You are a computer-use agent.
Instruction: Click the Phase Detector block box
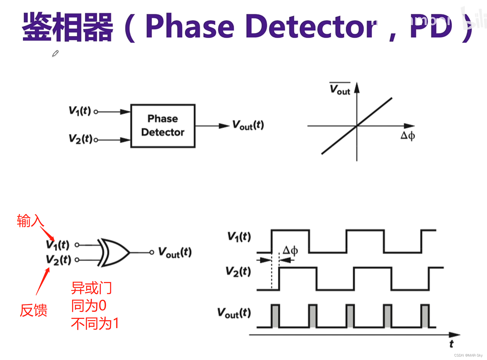[163, 126]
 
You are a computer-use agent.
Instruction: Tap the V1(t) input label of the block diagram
[80, 111]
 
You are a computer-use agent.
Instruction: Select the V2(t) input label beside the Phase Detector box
[80, 139]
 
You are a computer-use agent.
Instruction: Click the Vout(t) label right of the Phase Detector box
[248, 125]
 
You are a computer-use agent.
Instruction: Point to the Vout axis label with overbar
[340, 89]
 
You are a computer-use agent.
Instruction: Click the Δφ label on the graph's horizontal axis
[408, 136]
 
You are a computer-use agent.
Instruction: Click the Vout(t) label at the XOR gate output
[175, 252]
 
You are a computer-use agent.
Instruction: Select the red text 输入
[30, 221]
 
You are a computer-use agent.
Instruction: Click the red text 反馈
[33, 310]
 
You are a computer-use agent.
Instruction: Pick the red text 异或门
[91, 288]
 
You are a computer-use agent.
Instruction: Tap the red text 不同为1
[95, 324]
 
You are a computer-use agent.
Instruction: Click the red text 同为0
[89, 306]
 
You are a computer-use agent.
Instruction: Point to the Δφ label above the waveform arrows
[290, 251]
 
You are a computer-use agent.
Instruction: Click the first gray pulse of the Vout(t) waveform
[275, 316]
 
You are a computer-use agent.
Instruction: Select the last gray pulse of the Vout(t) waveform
[425, 316]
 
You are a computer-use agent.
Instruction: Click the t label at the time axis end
[451, 344]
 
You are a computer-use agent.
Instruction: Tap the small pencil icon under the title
[55, 53]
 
